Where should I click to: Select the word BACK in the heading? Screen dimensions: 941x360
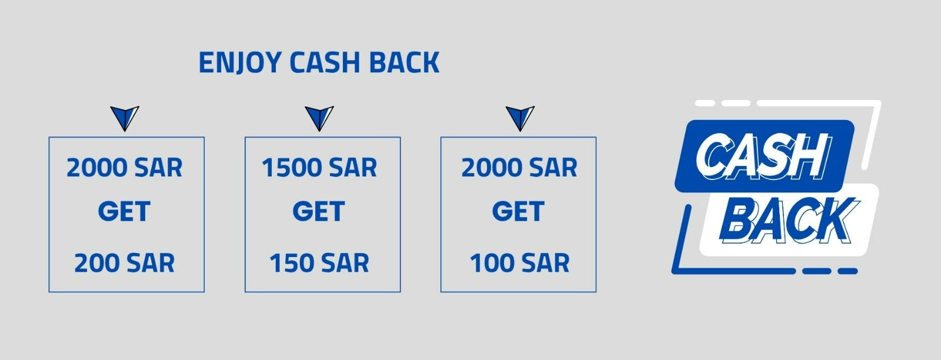point(404,62)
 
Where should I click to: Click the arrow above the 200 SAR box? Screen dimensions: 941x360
point(125,118)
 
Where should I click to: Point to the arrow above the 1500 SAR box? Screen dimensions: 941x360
point(319,118)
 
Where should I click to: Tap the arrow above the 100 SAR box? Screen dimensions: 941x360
point(520,118)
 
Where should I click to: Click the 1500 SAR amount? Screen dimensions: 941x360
point(319,168)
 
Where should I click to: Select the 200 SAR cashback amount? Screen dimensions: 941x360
point(124,263)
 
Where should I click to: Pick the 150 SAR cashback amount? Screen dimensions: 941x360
point(319,263)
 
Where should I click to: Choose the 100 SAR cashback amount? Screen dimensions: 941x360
point(520,263)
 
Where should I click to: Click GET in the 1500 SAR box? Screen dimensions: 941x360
point(319,211)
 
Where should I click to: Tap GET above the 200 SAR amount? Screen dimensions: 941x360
point(124,211)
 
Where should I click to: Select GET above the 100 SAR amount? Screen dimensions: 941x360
point(518,211)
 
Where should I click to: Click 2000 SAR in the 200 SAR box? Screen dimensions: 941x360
point(124,168)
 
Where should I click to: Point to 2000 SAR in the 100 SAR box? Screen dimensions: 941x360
point(520,168)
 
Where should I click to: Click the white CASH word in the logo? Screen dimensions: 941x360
point(763,156)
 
